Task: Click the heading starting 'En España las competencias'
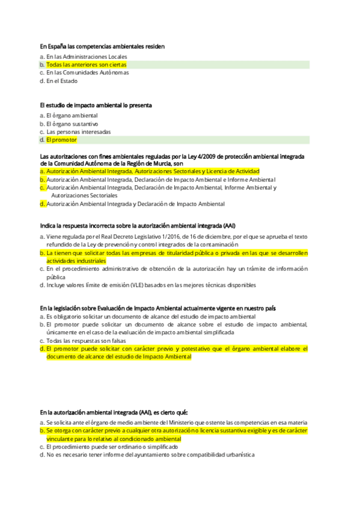(x=102, y=46)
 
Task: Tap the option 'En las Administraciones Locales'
(x=87, y=57)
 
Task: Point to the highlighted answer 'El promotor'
(x=62, y=140)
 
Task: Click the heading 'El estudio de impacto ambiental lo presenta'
(x=96, y=105)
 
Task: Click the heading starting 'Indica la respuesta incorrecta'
(x=138, y=226)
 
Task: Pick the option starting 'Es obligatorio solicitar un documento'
(x=151, y=316)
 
